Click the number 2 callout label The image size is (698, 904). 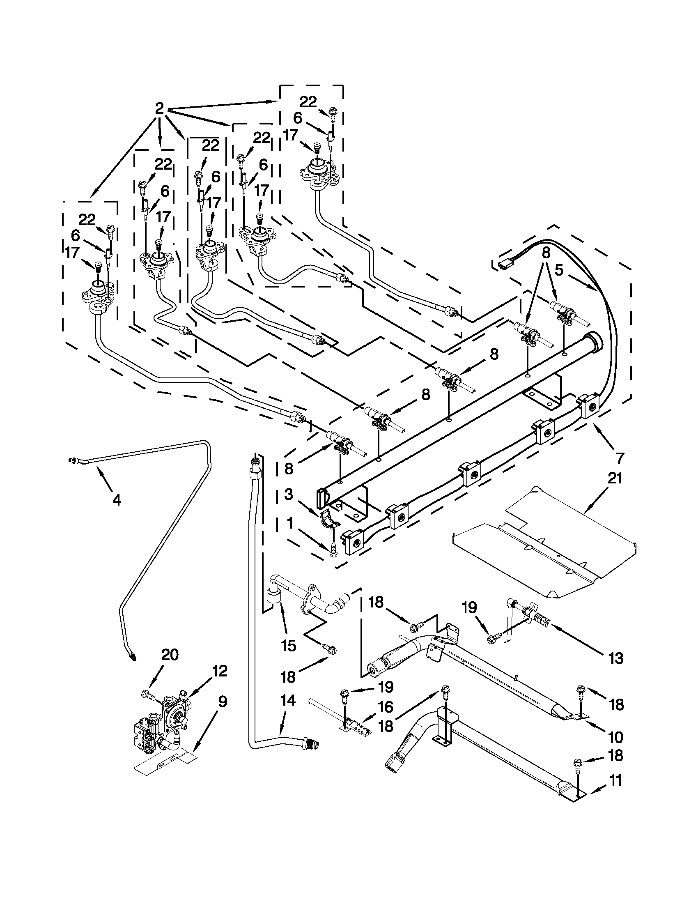(159, 109)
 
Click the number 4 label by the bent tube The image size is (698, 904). (117, 500)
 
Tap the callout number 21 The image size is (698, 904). (615, 479)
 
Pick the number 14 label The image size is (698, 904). (288, 701)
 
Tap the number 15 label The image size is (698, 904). (288, 645)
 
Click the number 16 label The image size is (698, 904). (386, 707)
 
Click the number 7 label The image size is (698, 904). (620, 458)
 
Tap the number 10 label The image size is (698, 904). (615, 737)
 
